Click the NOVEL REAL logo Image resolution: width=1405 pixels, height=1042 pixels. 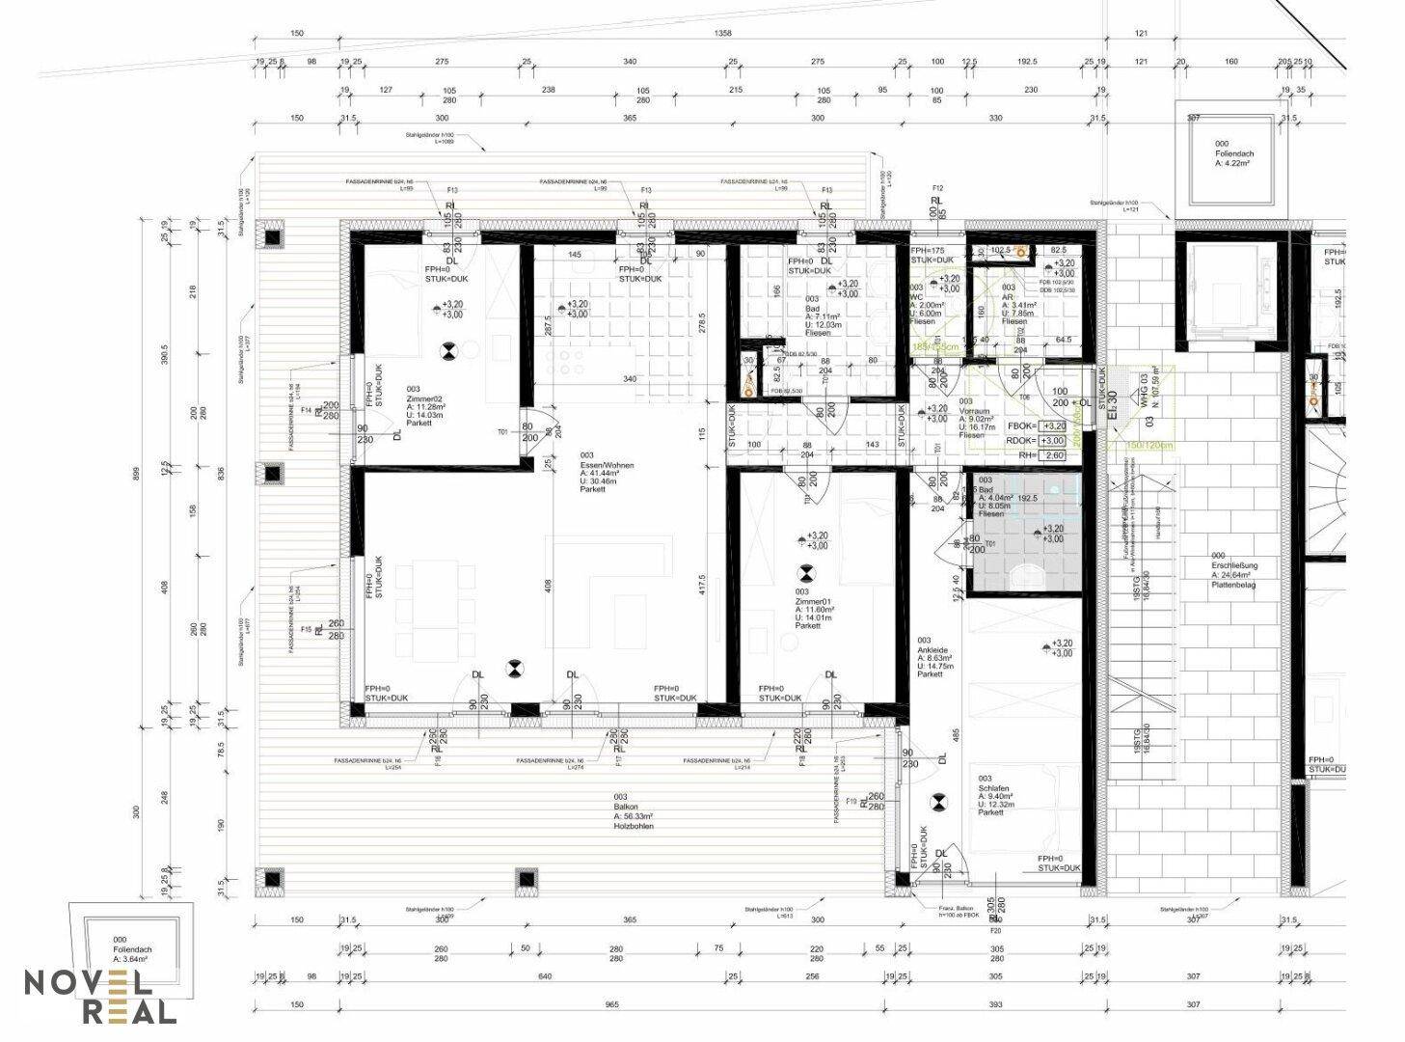[100, 997]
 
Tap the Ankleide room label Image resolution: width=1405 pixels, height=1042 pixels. [935, 657]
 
